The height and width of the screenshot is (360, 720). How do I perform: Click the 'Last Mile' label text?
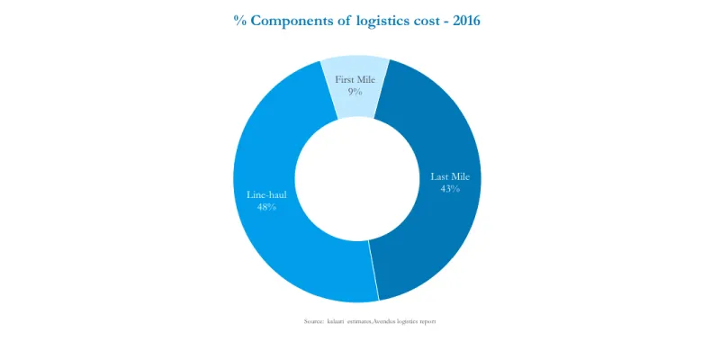pos(450,176)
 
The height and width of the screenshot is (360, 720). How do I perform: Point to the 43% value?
pos(450,189)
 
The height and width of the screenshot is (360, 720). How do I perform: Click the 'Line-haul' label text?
pos(266,194)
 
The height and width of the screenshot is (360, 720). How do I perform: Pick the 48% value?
pos(266,207)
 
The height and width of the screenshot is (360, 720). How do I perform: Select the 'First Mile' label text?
pos(355,80)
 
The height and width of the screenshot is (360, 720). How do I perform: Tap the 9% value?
pos(355,92)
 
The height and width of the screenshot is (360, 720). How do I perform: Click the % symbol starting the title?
pos(240,21)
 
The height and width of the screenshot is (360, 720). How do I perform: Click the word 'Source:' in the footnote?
pos(314,321)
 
